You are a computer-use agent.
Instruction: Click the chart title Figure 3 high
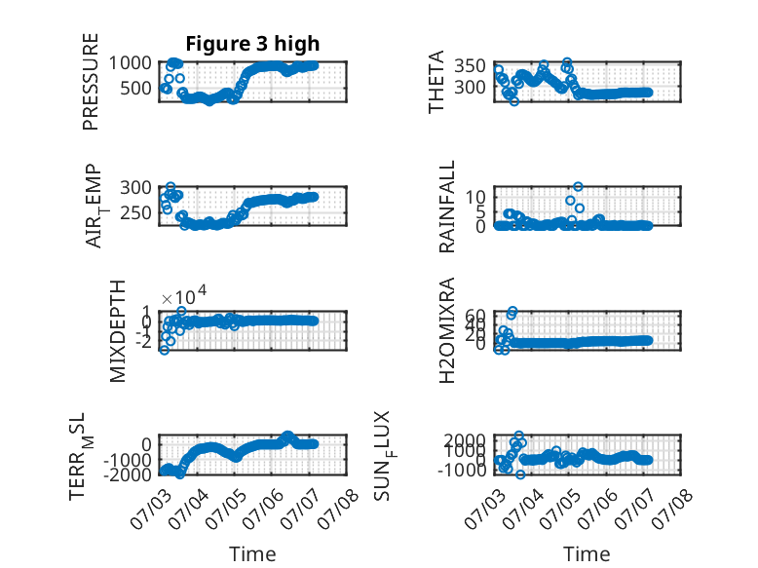252,44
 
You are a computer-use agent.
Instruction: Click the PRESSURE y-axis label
91,82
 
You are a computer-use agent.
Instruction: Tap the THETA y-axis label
436,82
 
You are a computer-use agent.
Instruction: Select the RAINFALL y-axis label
446,207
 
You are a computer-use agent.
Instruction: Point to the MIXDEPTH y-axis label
118,331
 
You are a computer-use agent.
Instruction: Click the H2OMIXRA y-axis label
446,330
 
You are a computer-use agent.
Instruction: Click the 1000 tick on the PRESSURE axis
130,63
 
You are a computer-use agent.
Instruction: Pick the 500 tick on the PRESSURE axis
135,88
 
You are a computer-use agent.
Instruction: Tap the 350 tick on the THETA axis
470,65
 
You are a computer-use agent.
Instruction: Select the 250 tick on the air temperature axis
135,212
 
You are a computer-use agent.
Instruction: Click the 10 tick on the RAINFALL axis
475,197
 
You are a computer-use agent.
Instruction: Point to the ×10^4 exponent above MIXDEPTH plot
184,295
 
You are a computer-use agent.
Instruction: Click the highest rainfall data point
578,187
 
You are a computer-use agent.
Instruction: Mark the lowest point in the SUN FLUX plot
520,474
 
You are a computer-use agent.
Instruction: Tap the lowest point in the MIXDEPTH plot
165,350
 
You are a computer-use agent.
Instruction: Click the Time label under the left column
252,554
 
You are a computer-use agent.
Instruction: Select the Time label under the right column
587,554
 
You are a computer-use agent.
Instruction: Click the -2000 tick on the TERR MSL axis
127,474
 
